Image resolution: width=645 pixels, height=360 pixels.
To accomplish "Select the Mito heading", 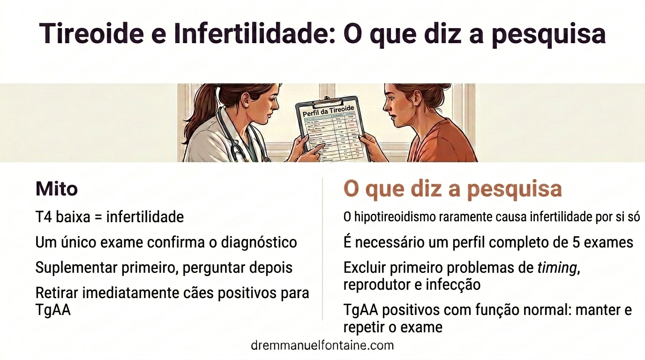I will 56,189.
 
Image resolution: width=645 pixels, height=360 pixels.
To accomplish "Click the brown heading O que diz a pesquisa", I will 452,188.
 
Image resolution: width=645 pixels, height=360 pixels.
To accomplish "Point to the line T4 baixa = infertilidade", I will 109,217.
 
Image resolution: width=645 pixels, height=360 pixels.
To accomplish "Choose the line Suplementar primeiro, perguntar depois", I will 164,267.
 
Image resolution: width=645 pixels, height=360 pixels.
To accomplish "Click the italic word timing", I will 556,268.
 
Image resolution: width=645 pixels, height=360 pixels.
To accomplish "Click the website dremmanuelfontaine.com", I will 322,345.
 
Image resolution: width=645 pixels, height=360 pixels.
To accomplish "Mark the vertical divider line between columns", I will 322,248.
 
